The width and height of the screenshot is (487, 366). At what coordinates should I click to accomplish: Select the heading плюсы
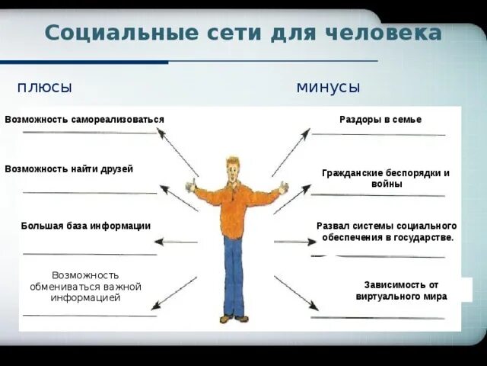[45, 88]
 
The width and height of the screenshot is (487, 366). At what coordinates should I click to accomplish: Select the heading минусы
[328, 88]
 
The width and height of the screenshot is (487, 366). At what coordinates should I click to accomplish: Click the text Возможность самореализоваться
[84, 120]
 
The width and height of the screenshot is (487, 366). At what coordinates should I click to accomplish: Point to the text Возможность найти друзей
[69, 169]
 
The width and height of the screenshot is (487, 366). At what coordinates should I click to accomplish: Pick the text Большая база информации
[86, 226]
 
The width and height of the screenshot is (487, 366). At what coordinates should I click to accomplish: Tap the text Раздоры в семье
[380, 120]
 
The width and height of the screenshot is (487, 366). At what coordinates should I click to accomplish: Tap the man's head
[233, 169]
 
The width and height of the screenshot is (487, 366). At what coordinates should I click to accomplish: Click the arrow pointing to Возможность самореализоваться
[178, 152]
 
